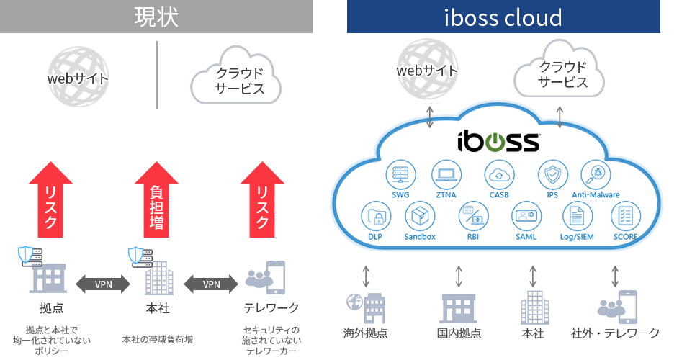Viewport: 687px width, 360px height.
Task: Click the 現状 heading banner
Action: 156,17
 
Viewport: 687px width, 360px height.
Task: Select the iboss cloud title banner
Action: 503,17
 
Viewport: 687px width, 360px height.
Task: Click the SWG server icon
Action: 400,175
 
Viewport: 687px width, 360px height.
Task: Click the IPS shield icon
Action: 552,175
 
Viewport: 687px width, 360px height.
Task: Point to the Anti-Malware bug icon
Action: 596,175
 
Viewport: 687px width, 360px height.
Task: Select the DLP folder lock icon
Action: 374,216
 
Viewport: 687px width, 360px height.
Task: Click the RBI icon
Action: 473,216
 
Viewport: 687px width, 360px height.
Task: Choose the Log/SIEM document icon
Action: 576,216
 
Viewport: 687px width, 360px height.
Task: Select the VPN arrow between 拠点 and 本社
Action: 104,284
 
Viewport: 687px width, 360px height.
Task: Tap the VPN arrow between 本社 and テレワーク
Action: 211,284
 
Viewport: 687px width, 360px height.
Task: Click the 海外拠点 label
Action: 365,333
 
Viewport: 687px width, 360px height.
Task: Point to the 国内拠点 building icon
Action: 459,307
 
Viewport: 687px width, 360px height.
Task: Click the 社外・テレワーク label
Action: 615,333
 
